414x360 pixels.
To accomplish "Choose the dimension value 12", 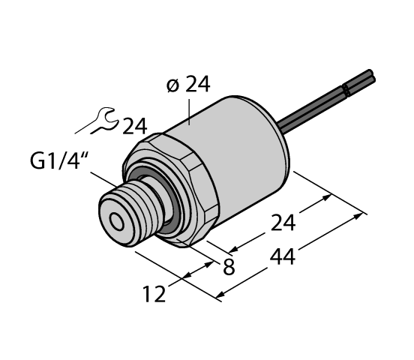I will pos(156,292).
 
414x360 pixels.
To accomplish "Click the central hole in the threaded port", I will pos(118,221).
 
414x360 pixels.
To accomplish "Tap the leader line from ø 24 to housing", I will pos(190,109).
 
